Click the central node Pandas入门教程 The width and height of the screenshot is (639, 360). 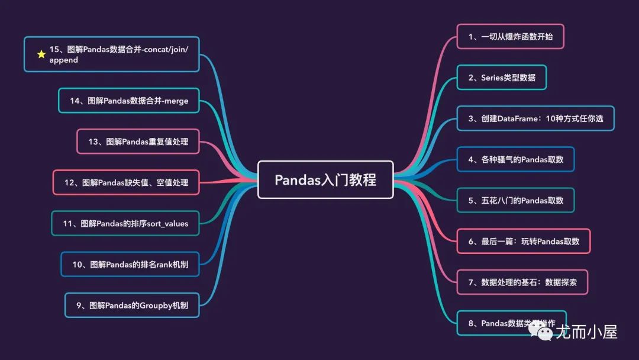coord(325,179)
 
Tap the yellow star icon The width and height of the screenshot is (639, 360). coord(41,54)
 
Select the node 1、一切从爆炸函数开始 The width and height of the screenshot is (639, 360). coord(510,37)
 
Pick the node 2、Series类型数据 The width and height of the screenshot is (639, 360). coord(501,78)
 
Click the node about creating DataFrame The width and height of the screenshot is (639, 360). coord(535,118)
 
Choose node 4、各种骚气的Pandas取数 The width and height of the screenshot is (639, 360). coord(515,159)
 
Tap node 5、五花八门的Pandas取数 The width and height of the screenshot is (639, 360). coord(515,200)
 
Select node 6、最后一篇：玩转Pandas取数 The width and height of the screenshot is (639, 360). coord(524,241)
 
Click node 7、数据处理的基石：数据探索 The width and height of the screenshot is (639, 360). coord(522,282)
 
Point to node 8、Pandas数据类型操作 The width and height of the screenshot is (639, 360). coord(511,323)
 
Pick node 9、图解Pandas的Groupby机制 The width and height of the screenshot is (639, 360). coord(132,306)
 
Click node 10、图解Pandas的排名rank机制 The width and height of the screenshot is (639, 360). coord(130,264)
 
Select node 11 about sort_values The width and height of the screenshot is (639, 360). coord(125,223)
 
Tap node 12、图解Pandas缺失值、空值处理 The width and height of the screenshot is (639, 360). coord(126,182)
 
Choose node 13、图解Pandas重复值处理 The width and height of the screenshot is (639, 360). coord(138,142)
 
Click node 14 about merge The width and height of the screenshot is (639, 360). coord(129,101)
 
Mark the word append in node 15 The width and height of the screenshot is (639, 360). coord(64,60)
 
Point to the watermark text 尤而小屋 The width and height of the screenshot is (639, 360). coord(586,332)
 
